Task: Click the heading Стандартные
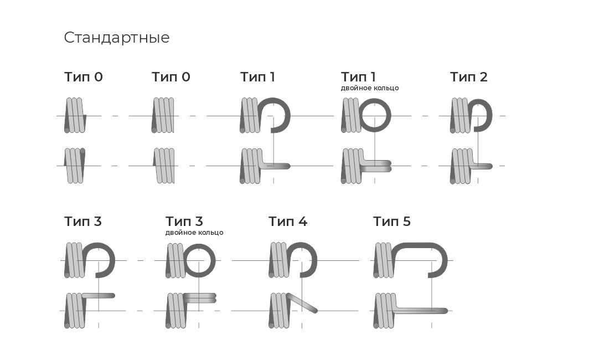click(x=116, y=38)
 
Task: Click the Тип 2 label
click(x=468, y=77)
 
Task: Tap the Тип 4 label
click(x=288, y=222)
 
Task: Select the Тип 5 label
click(x=391, y=222)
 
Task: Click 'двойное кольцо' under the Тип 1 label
click(x=370, y=88)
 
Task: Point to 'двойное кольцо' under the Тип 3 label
click(x=194, y=233)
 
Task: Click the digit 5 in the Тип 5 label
click(x=407, y=222)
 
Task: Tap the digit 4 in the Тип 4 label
click(x=303, y=222)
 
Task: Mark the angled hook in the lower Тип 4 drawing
click(x=302, y=302)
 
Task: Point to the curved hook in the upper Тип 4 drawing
click(x=315, y=260)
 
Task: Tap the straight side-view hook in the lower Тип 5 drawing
click(x=421, y=310)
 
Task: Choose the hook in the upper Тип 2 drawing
click(x=490, y=115)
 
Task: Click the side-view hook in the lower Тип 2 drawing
click(x=482, y=166)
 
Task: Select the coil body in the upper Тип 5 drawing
click(x=384, y=260)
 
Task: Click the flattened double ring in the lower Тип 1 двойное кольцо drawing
click(x=376, y=166)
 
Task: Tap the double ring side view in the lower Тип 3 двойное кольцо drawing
click(x=199, y=298)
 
